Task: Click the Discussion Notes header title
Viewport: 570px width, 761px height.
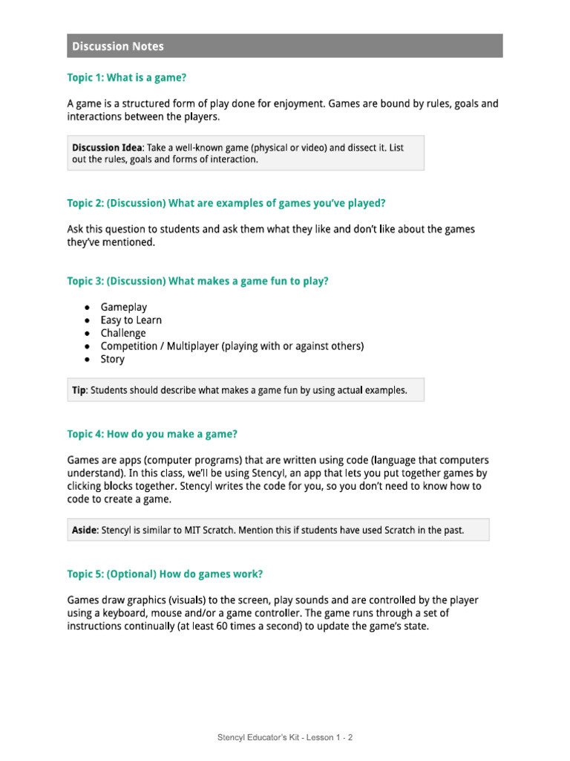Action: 117,46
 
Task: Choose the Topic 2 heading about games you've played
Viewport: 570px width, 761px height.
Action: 226,203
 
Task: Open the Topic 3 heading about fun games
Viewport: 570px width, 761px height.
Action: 198,281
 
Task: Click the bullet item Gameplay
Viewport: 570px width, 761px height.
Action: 124,307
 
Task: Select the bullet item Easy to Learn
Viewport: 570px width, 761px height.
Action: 131,320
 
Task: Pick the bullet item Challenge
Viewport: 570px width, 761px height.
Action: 123,333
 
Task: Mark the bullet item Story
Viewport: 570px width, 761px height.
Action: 113,359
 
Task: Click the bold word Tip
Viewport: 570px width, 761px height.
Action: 79,390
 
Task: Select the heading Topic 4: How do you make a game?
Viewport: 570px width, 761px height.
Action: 152,434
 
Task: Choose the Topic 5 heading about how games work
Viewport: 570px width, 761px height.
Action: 165,574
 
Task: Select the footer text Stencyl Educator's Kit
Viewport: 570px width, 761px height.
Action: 262,738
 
